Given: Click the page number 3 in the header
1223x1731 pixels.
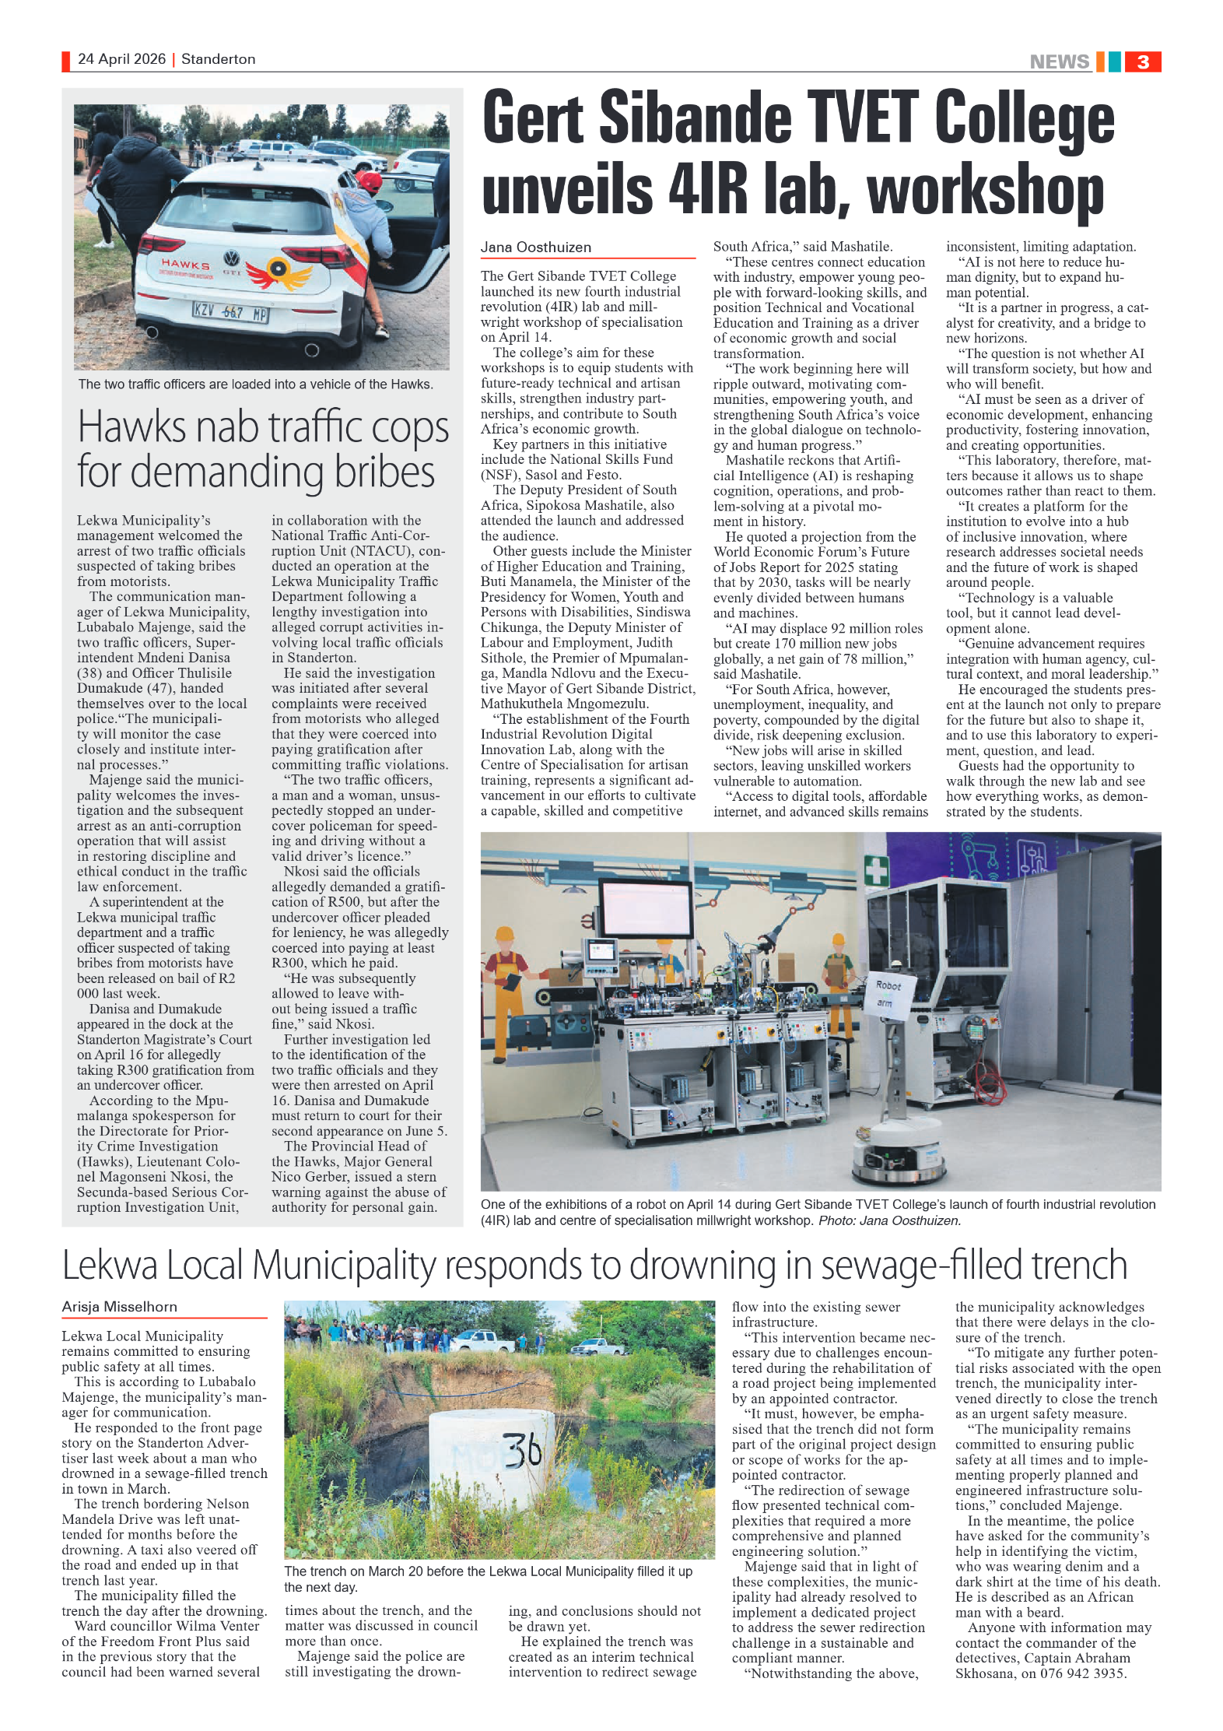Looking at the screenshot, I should [x=1142, y=61].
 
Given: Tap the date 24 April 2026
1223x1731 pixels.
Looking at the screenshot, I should [x=121, y=59].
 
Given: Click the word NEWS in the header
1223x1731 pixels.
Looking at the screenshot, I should [x=1059, y=61].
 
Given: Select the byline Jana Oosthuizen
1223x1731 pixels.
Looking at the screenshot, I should [x=535, y=248].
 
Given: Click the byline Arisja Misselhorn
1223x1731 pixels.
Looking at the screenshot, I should [x=119, y=1307].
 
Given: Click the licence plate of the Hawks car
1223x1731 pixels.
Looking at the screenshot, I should [x=230, y=313].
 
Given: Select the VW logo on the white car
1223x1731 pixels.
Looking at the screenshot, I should [x=231, y=258].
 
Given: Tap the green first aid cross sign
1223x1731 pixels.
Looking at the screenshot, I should [x=877, y=870].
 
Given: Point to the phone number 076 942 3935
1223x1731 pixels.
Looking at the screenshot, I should [x=1083, y=1673].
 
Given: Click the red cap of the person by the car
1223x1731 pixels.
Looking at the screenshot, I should [x=371, y=181].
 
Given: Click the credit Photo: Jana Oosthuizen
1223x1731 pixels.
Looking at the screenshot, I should [x=889, y=1220].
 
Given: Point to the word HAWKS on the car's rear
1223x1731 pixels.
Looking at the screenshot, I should [x=185, y=265].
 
